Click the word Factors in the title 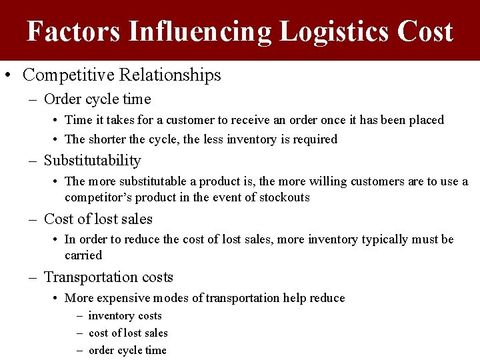[x=73, y=31]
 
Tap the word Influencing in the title [x=199, y=31]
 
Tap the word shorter [x=107, y=139]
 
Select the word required [x=315, y=139]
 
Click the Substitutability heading [x=92, y=161]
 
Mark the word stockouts [x=284, y=197]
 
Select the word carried [x=83, y=255]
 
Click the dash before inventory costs [x=79, y=316]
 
